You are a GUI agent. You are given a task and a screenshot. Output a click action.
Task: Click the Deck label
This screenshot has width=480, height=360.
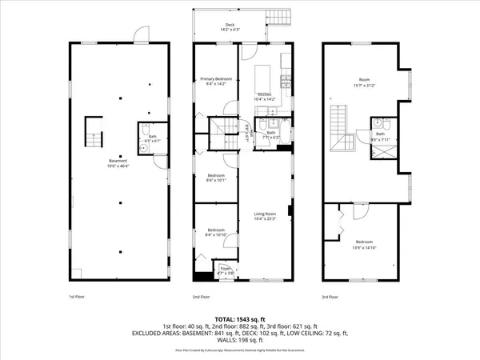230,26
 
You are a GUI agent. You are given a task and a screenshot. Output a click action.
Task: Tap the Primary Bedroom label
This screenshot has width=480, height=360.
216,80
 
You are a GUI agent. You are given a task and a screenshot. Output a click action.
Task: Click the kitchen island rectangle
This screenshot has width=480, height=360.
262,78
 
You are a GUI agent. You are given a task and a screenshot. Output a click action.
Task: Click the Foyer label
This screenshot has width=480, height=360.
225,270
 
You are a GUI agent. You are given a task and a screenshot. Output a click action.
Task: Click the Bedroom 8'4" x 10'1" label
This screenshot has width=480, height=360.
216,178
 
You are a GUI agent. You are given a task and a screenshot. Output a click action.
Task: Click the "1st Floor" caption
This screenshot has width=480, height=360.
74,296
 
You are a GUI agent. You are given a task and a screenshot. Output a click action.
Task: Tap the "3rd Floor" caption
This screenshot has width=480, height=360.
330,296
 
